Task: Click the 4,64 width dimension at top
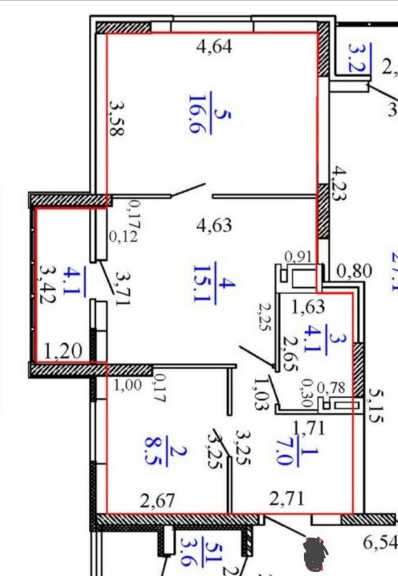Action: [214, 46]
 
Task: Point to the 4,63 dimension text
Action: [214, 225]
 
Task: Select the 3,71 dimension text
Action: [122, 288]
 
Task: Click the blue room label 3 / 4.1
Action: [324, 339]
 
